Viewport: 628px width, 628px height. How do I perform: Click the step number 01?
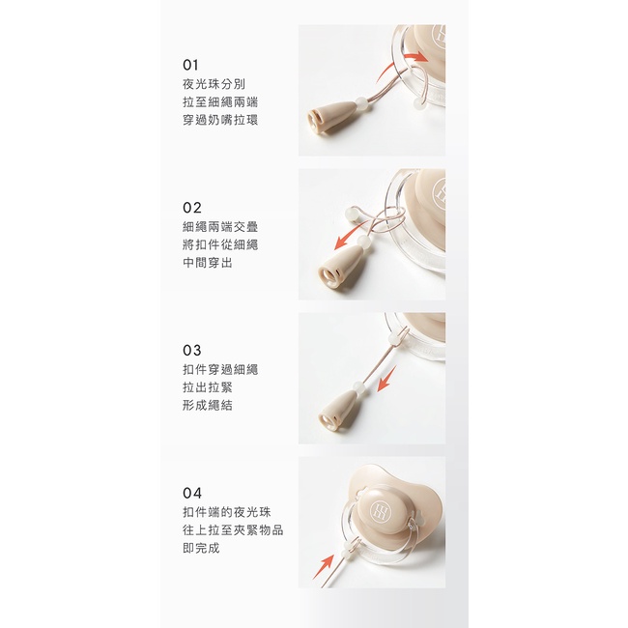pyautogui.click(x=190, y=65)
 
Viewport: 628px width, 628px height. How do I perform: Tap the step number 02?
pyautogui.click(x=192, y=208)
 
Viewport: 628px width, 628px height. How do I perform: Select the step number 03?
pyautogui.click(x=192, y=351)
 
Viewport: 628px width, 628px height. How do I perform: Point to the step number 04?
pyautogui.click(x=192, y=493)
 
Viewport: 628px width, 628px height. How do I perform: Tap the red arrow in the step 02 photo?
pyautogui.click(x=352, y=237)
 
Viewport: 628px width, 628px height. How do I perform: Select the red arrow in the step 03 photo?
pyautogui.click(x=386, y=379)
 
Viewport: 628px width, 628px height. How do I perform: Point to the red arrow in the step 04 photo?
pyautogui.click(x=324, y=566)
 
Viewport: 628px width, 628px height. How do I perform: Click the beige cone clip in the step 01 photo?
pyautogui.click(x=331, y=117)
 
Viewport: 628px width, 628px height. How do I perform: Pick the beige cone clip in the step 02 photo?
pyautogui.click(x=340, y=267)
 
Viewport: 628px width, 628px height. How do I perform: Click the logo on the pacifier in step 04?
pyautogui.click(x=379, y=512)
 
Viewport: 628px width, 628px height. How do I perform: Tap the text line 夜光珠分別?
pyautogui.click(x=214, y=84)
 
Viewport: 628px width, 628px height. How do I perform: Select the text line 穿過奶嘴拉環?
pyautogui.click(x=220, y=120)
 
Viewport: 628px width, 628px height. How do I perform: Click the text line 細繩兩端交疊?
pyautogui.click(x=220, y=227)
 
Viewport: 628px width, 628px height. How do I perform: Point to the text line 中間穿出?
pyautogui.click(x=208, y=263)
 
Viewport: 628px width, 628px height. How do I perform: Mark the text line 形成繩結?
pyautogui.click(x=208, y=406)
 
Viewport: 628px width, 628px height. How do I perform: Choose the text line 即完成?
pyautogui.click(x=201, y=548)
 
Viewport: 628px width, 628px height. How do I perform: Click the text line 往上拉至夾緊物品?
pyautogui.click(x=233, y=530)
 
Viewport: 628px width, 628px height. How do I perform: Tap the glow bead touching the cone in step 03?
pyautogui.click(x=357, y=388)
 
